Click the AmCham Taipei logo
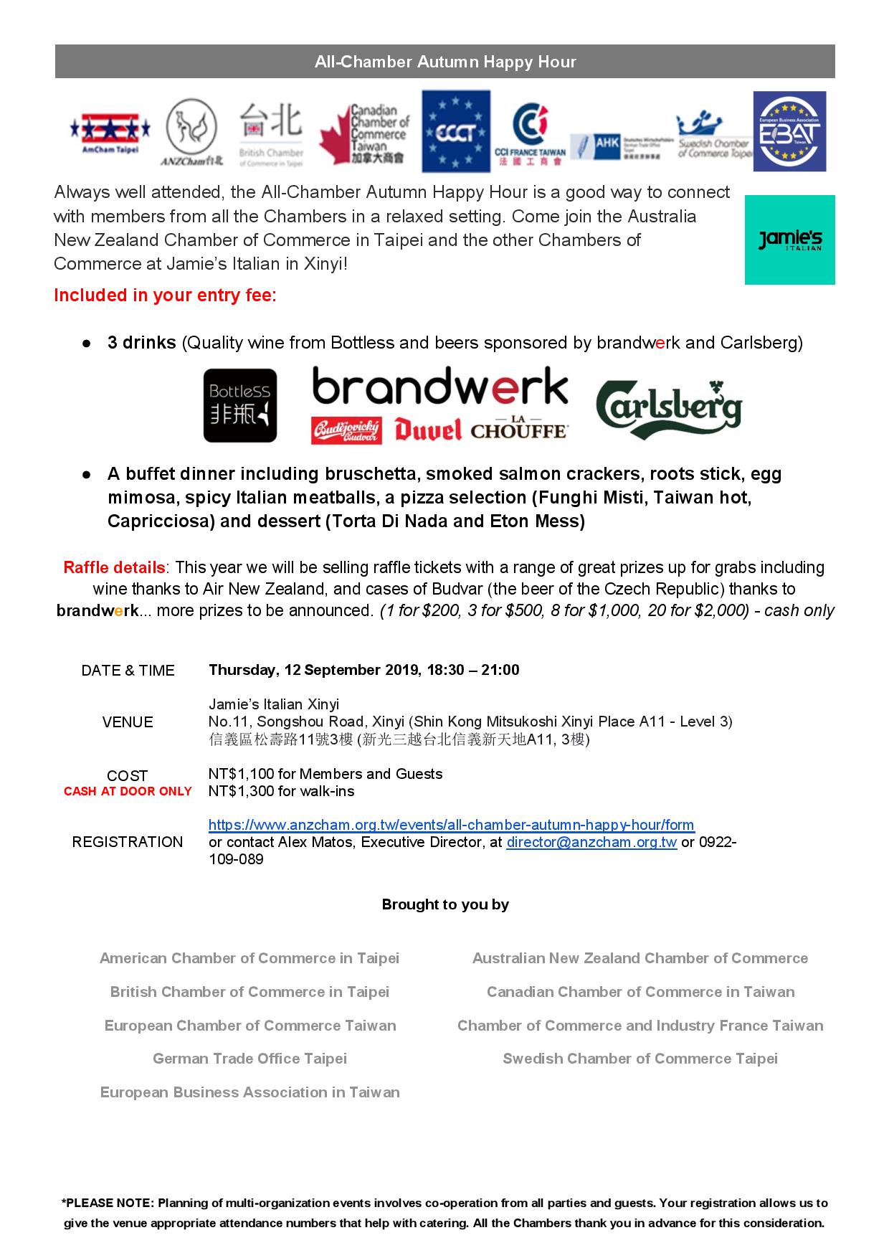coord(110,133)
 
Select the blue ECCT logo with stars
coord(456,131)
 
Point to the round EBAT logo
coord(789,131)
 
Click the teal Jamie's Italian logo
coord(789,240)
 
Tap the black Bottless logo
coord(240,405)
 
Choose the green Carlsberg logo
coord(669,410)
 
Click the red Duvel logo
coord(427,430)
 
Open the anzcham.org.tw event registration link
coord(451,825)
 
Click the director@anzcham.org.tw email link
coord(591,842)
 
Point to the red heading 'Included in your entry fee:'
coord(165,295)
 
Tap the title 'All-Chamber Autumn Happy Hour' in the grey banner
coord(444,62)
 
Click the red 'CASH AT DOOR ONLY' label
coord(128,792)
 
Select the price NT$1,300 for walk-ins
coord(281,792)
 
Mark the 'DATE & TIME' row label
coord(128,671)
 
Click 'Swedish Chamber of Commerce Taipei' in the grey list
coord(640,1059)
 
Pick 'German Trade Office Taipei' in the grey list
coord(249,1059)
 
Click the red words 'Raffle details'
coord(115,567)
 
